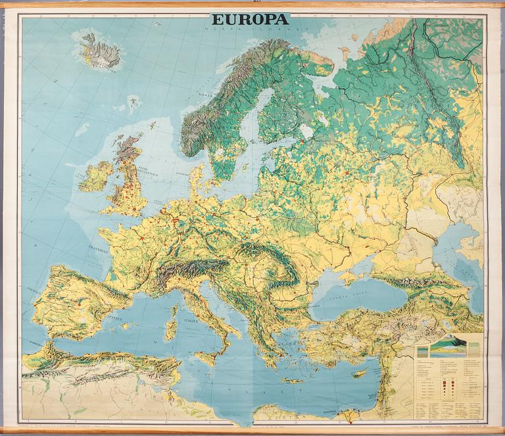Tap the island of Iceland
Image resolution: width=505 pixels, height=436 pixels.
pos(101,51)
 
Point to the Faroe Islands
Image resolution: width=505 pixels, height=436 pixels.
pos(134,102)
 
